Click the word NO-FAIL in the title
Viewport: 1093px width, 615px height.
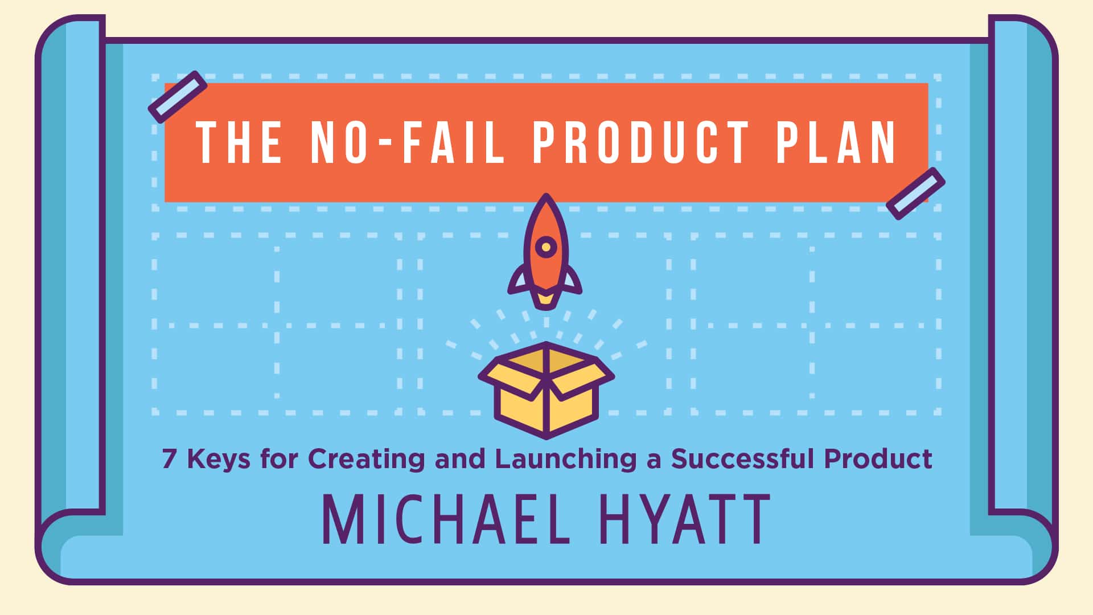408,142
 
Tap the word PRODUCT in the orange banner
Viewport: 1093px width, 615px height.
640,142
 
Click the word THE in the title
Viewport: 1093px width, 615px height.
239,142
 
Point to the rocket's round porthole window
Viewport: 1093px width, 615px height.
546,247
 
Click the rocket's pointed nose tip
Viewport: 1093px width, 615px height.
546,195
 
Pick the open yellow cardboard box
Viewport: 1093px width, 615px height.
546,391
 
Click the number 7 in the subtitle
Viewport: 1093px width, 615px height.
169,459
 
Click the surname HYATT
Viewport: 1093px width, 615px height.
686,519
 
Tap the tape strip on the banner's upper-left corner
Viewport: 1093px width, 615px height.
178,97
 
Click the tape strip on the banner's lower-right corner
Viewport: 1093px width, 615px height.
915,194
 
